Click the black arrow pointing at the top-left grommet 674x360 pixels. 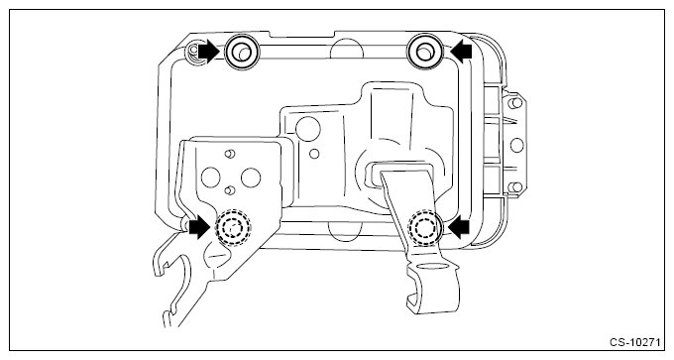point(209,52)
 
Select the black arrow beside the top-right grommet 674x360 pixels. point(461,51)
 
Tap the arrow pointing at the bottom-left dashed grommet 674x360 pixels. point(200,227)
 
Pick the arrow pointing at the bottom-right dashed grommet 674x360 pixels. point(459,226)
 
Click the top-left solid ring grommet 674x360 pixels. point(242,52)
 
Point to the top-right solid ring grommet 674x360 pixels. point(424,52)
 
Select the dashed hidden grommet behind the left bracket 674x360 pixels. point(233,228)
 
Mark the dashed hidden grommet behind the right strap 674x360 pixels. point(424,227)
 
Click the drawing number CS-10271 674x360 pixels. point(634,342)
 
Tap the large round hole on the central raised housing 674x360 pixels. point(308,129)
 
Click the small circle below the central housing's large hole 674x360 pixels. point(314,153)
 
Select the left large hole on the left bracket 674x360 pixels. point(210,178)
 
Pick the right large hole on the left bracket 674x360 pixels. point(251,178)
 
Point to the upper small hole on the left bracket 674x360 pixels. point(230,153)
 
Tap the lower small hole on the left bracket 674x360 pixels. point(230,189)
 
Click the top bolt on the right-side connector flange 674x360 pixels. point(515,103)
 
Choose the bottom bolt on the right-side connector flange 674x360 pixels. point(515,187)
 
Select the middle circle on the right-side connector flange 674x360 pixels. point(516,145)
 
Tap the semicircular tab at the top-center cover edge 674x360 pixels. point(347,49)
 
